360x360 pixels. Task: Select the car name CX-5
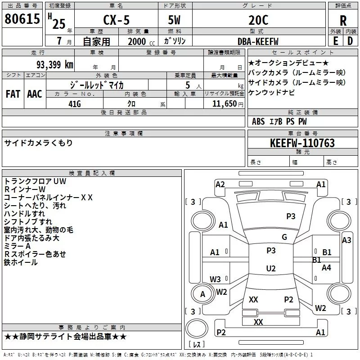pos(115,20)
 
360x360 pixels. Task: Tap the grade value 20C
pos(258,20)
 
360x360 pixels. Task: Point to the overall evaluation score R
pos(343,21)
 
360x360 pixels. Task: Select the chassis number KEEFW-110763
pos(302,143)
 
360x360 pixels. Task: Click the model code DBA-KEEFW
pos(258,41)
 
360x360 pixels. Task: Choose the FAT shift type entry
pos(13,94)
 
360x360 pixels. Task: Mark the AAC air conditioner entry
pos(34,94)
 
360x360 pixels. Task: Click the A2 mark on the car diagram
pos(220,184)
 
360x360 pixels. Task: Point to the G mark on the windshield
pos(284,237)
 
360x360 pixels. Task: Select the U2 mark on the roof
pos(271,269)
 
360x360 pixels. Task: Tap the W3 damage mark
pos(215,279)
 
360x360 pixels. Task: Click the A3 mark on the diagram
pos(346,240)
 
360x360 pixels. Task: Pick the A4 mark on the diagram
pos(327,267)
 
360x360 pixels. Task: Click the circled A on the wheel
pos(202,294)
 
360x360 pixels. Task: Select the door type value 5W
pos(174,20)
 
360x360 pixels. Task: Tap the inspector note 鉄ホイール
pos(21,262)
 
